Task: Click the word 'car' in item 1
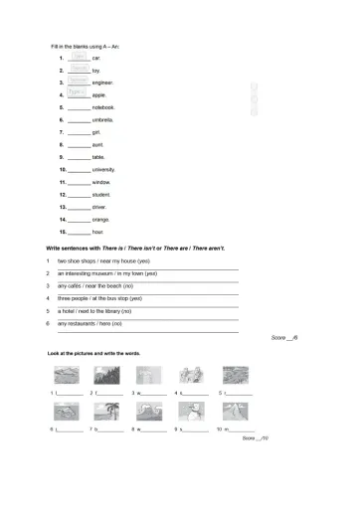pos(96,59)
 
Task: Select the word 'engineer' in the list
pos(102,83)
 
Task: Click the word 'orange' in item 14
pos(100,218)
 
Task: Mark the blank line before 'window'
pos(79,183)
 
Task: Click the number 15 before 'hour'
pos(62,231)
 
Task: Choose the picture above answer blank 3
pos(150,377)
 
